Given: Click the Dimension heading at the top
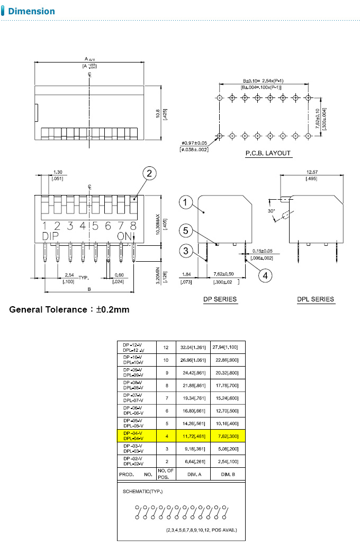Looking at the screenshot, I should pos(31,11).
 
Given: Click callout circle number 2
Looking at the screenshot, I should pos(149,173).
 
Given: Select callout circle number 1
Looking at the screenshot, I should pos(185,202).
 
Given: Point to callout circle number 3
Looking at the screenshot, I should pos(185,251).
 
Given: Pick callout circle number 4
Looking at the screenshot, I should pos(267,275).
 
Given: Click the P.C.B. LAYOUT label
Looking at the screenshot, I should pos(268,153).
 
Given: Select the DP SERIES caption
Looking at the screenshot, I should pos(220,299).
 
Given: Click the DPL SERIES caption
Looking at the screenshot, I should pos(316,299).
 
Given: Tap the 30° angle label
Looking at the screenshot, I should pos(272,211).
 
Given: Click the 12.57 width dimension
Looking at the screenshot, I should pos(312,172).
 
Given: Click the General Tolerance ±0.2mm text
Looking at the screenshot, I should pos(69,309).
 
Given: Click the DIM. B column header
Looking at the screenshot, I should pos(228,475).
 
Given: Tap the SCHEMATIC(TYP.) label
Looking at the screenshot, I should pos(143,492).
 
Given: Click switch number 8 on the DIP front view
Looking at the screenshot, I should pos(133,226).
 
